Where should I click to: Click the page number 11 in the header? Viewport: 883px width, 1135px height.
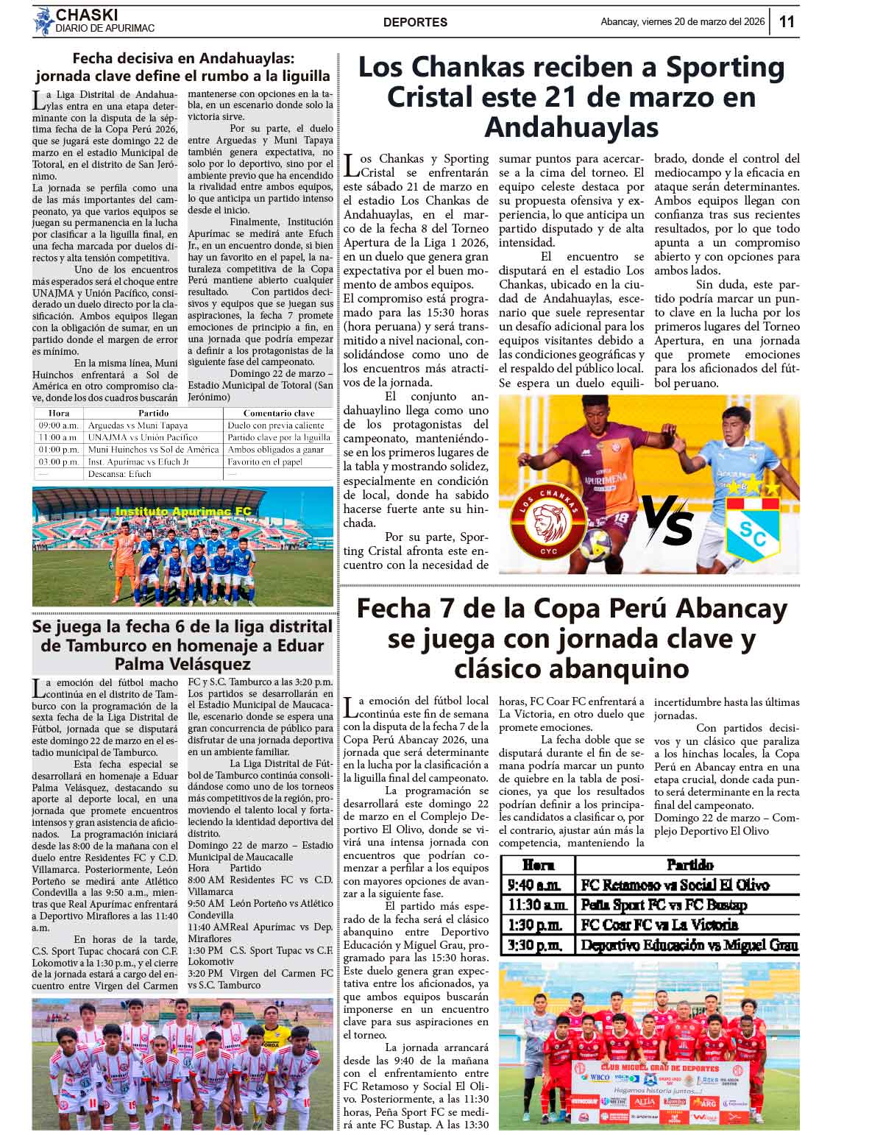coord(787,21)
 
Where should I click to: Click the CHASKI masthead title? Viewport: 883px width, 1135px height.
coord(87,15)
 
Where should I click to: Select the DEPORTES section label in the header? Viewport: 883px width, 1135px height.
coord(415,22)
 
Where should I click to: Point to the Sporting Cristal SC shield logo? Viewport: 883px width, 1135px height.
coord(752,528)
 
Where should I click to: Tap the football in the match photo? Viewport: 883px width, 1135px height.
coord(595,545)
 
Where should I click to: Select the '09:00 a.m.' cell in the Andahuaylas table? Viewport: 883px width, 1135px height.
coord(59,425)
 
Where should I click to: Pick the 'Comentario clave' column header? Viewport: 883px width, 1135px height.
coord(278,413)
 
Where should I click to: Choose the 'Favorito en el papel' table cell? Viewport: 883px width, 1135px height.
coord(265,462)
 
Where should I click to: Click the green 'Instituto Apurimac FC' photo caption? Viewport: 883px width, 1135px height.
coord(183,511)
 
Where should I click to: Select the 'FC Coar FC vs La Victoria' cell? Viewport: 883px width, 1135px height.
coord(659,924)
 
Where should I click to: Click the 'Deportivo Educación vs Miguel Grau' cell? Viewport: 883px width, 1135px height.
coord(689,945)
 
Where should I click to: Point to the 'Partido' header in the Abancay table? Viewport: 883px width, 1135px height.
coord(689,865)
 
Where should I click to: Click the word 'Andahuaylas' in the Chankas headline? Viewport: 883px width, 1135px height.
coord(571,127)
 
